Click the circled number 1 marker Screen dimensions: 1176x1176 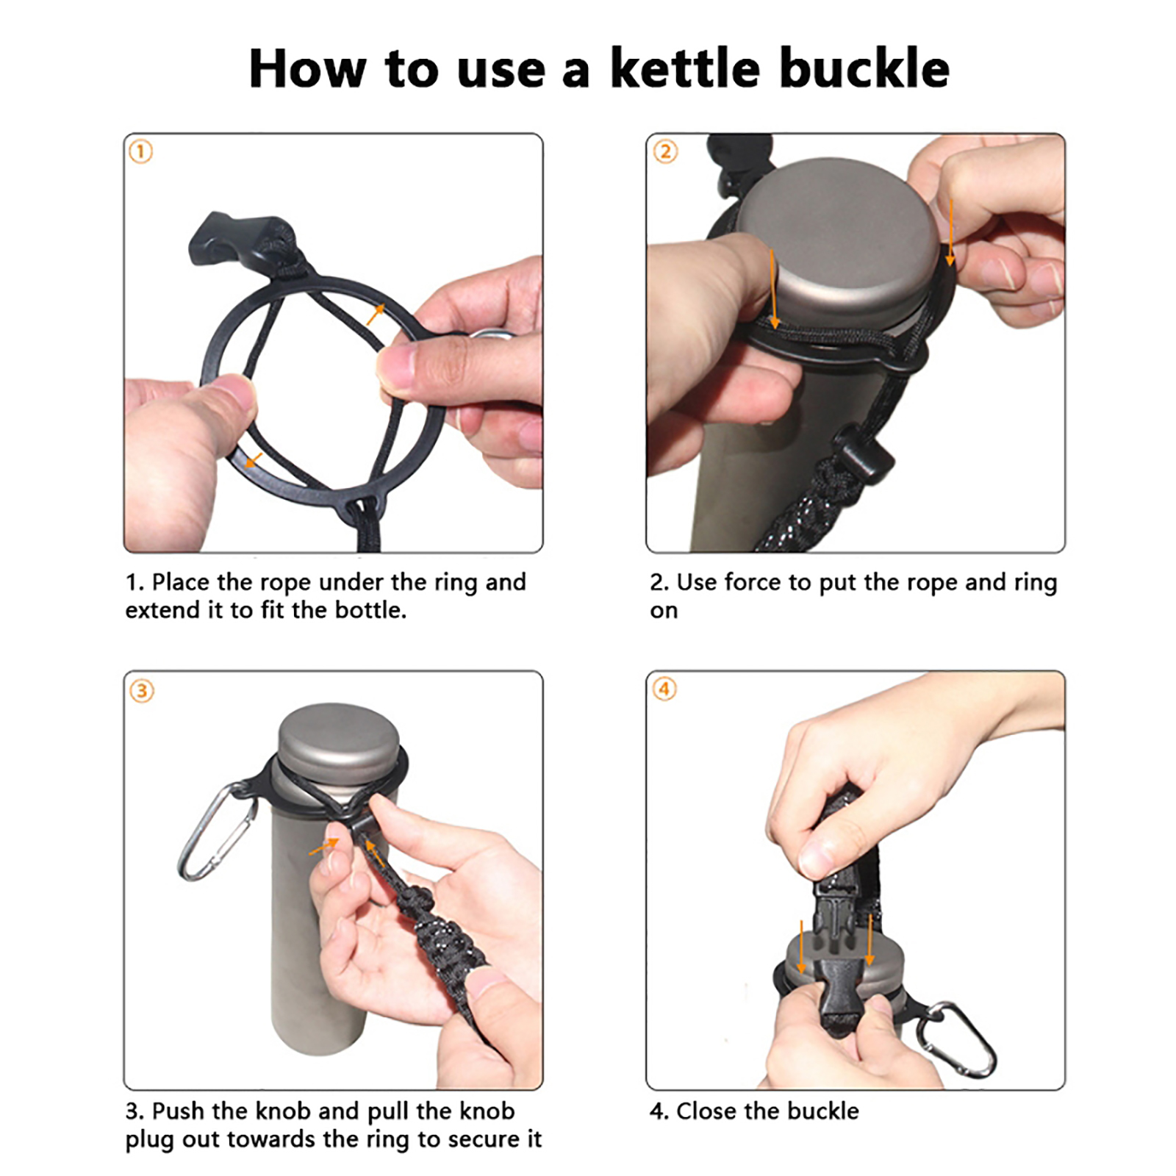(140, 152)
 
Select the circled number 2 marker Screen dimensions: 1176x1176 (665, 152)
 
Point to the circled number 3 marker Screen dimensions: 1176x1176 (142, 691)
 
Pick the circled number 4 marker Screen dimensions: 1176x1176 (664, 689)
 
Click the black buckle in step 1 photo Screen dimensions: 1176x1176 (243, 239)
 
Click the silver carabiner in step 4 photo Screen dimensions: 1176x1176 (958, 1039)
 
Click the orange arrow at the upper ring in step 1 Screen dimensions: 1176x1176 (375, 315)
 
